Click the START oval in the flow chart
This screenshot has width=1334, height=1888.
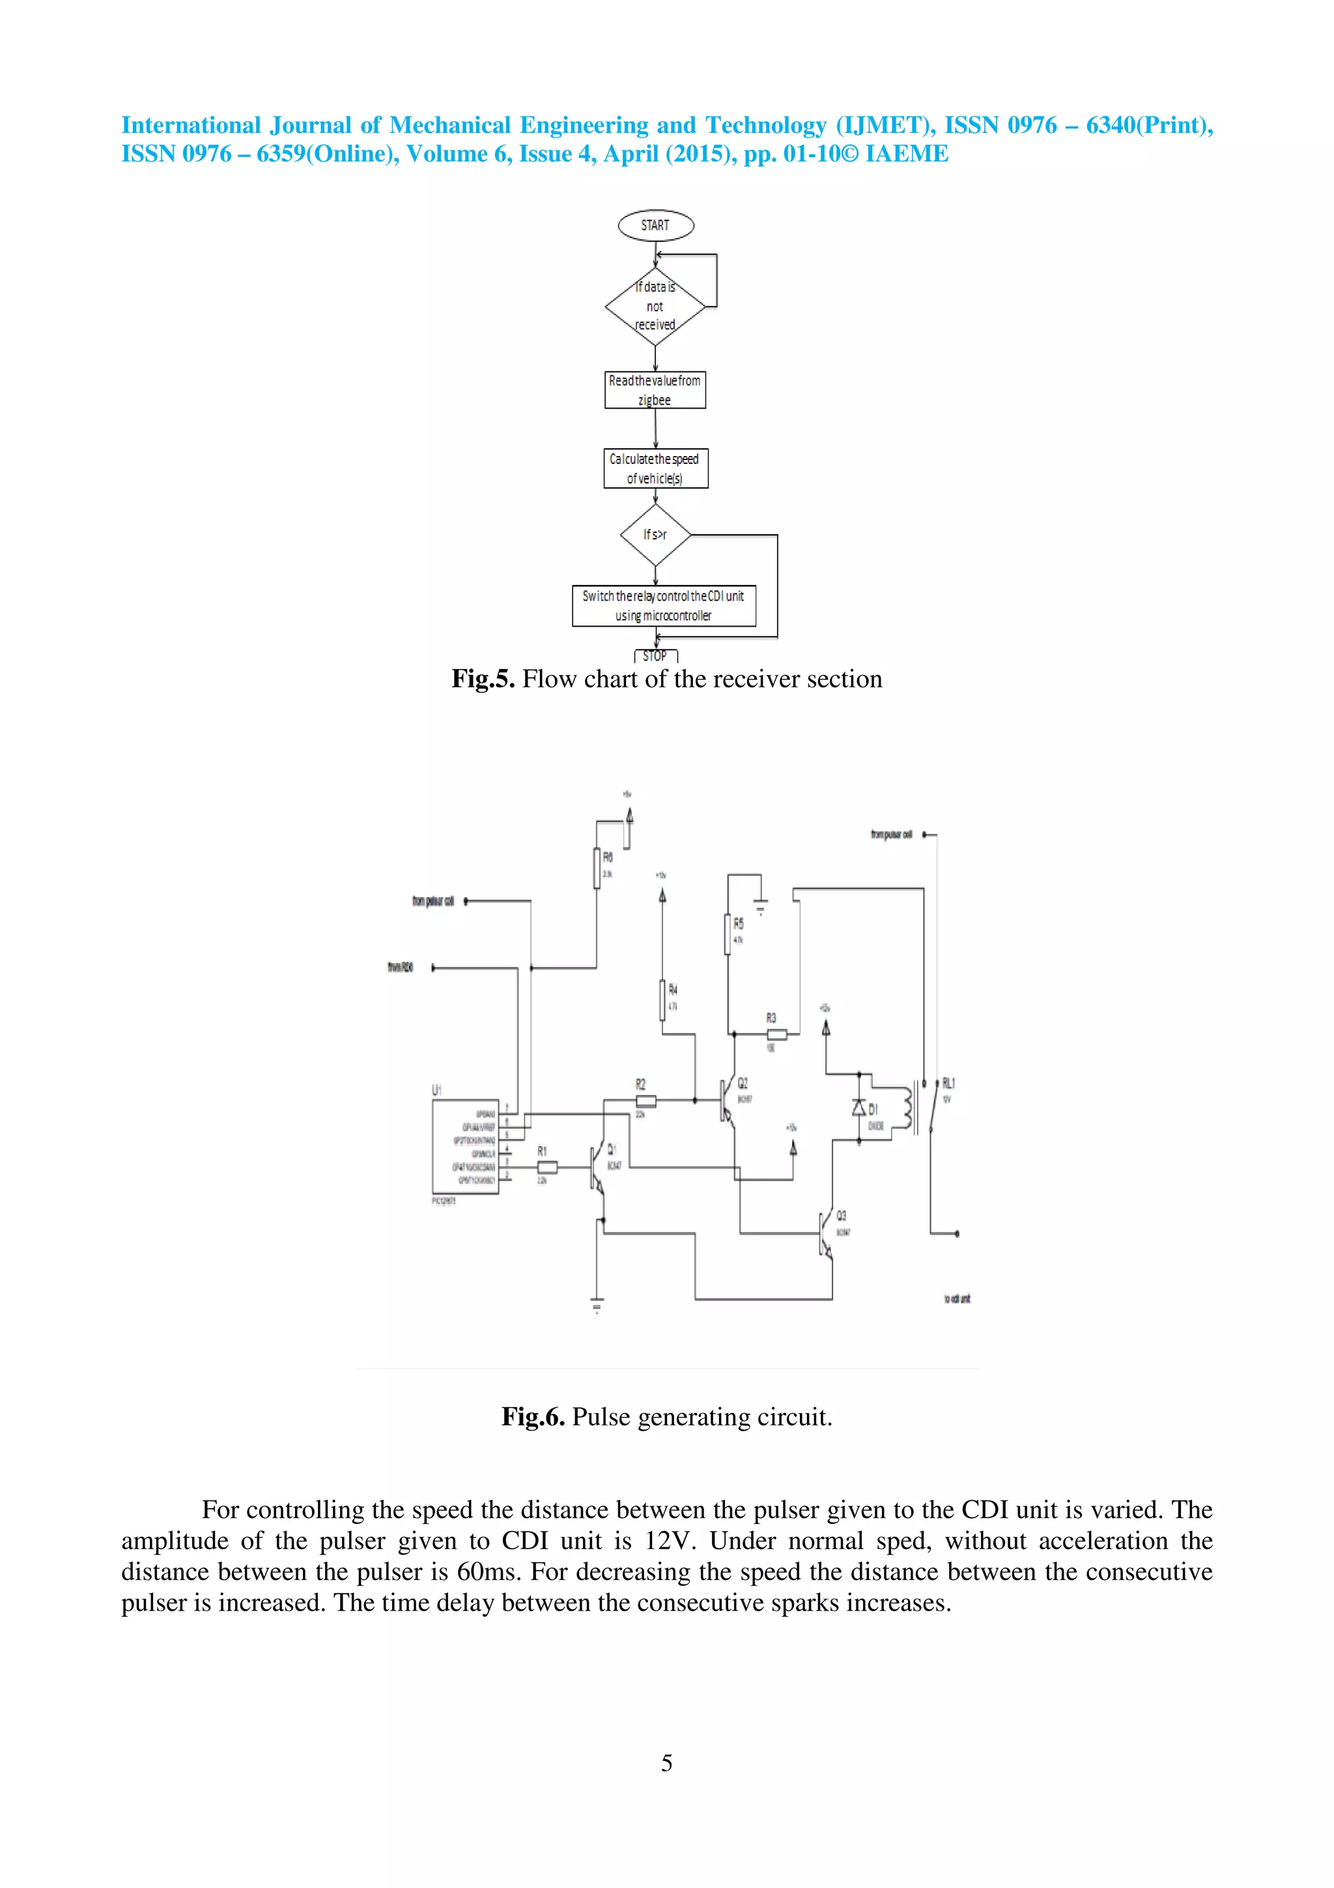click(x=655, y=225)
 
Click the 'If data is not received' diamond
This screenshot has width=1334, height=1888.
click(x=655, y=307)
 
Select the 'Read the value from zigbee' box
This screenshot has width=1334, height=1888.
click(x=655, y=390)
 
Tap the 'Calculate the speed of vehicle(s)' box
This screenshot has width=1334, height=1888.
click(x=655, y=468)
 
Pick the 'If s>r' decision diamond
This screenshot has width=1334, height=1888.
click(x=655, y=534)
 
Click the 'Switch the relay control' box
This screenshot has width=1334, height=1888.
click(x=663, y=606)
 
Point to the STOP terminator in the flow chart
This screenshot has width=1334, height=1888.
click(x=655, y=655)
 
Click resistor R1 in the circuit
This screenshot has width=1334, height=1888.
click(x=546, y=1167)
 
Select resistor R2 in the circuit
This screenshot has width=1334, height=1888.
click(x=646, y=1100)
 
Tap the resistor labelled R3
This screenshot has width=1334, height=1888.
click(x=776, y=1034)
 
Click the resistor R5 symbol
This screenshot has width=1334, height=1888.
click(x=728, y=934)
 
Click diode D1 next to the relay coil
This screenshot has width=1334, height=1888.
click(x=859, y=1108)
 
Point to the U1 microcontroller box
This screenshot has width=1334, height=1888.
click(x=465, y=1147)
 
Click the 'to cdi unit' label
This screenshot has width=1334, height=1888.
click(x=957, y=1299)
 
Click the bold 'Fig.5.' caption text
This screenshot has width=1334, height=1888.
click(x=483, y=679)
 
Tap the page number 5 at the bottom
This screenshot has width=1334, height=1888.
click(x=666, y=1763)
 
